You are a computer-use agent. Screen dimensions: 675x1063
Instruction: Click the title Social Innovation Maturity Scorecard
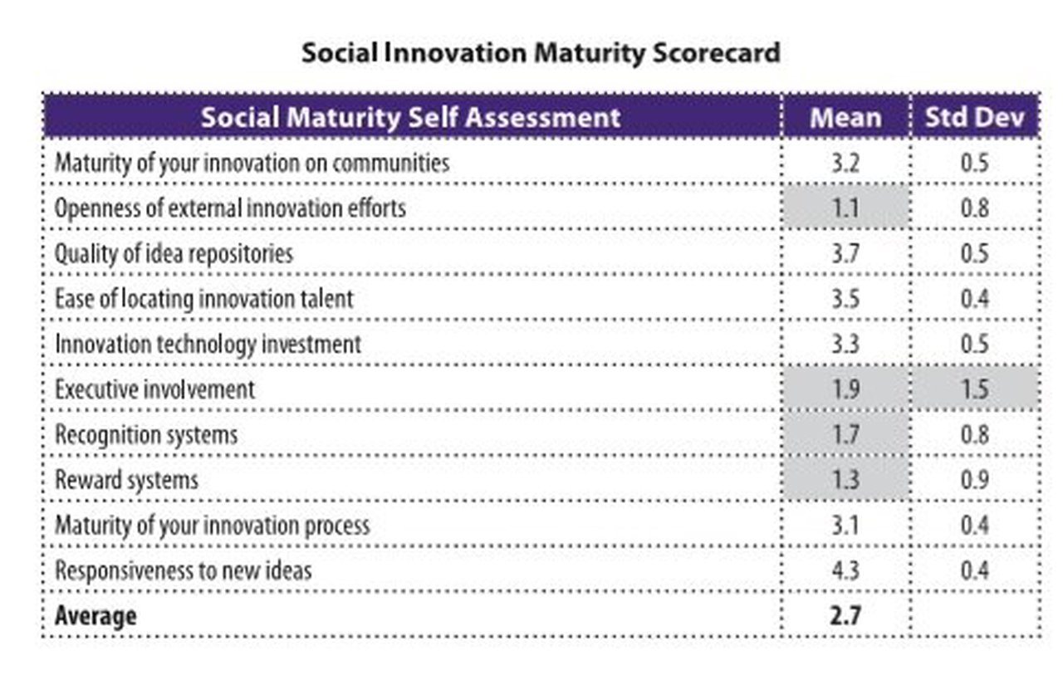[541, 53]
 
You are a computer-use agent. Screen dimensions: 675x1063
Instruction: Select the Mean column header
[845, 117]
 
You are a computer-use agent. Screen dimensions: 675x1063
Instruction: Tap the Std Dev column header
[974, 117]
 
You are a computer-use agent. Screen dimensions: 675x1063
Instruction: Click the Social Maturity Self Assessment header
[410, 117]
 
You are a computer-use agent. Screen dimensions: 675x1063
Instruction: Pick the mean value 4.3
[845, 570]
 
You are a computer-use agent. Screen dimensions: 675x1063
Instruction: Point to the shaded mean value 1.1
[845, 208]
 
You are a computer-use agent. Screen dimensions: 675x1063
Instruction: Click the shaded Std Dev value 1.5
[974, 389]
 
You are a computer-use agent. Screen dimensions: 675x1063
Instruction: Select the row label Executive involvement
[154, 389]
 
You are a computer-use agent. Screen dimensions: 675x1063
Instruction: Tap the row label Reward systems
[126, 480]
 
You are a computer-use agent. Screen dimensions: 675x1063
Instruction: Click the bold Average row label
[96, 616]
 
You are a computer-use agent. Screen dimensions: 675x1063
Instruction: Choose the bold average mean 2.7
[845, 616]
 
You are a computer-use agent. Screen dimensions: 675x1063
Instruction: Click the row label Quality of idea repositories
[174, 252]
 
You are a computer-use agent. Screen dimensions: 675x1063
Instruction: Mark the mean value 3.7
[845, 252]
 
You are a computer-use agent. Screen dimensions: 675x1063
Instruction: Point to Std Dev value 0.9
[974, 480]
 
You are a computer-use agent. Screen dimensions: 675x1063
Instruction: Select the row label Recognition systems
[146, 434]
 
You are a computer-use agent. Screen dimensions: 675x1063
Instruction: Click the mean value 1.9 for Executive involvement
[845, 389]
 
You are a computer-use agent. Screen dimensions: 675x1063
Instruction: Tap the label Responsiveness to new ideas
[184, 570]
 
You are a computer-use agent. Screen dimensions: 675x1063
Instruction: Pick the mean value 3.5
[845, 298]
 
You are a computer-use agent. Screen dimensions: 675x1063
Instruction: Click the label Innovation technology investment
[208, 344]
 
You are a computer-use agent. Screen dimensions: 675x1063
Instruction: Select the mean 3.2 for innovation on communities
[845, 162]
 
